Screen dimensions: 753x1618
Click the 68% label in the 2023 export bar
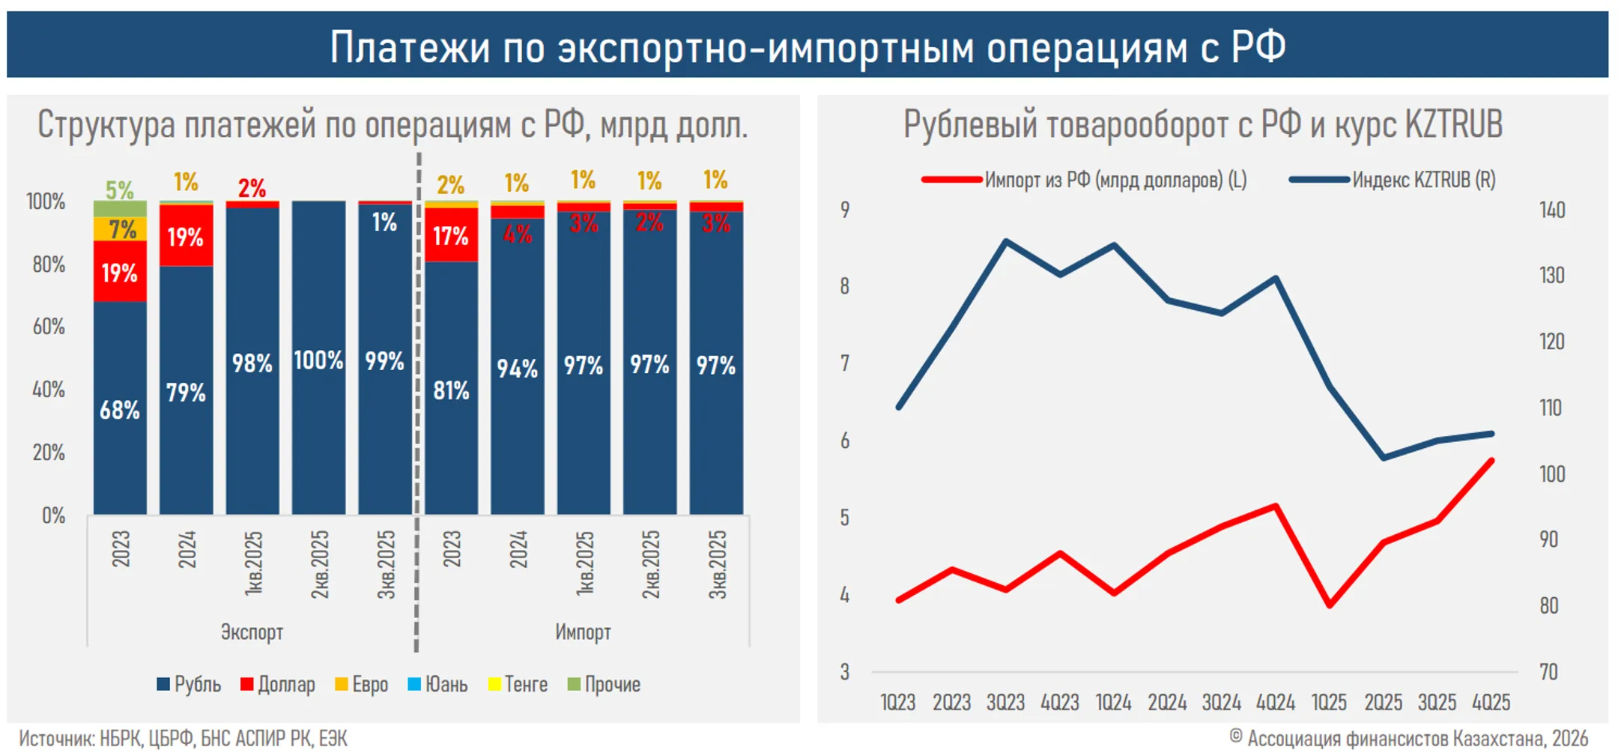(120, 410)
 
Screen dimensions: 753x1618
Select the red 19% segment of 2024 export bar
(186, 238)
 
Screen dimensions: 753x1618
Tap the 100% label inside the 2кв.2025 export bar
(318, 360)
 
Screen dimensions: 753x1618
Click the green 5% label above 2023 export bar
(119, 190)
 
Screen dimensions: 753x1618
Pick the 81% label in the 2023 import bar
(451, 390)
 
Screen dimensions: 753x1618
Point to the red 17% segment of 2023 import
(451, 237)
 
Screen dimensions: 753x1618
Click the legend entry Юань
(438, 684)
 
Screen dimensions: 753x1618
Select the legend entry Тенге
(518, 684)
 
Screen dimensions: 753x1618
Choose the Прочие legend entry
(605, 684)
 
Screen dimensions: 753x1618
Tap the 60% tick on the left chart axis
(49, 327)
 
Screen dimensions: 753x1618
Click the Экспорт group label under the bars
(252, 632)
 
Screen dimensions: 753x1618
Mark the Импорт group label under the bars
(583, 632)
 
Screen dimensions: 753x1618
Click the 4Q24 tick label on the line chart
(1276, 702)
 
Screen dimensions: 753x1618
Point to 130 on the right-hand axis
(1552, 275)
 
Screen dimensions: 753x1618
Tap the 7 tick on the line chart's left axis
(845, 363)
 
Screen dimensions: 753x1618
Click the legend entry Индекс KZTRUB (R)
(1423, 180)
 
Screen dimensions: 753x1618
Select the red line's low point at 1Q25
(1330, 605)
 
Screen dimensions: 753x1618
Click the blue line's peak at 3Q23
(1006, 241)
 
